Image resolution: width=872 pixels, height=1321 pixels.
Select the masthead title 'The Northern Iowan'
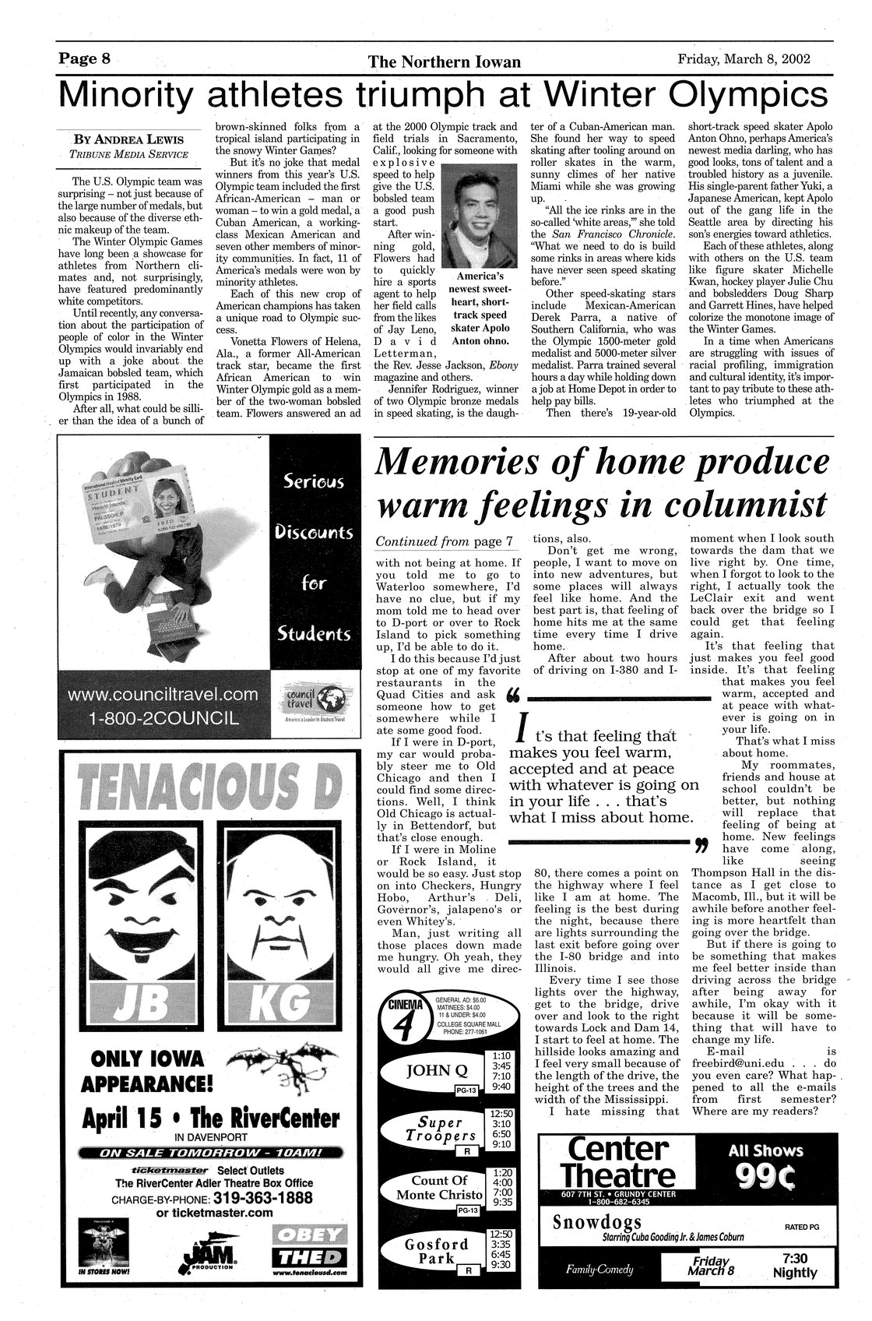445,62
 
